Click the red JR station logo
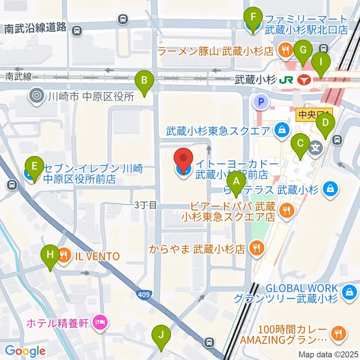(x=304, y=80)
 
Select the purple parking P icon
(x=262, y=101)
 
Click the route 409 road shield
(x=147, y=295)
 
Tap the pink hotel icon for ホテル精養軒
(x=99, y=322)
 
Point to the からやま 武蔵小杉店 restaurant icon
(x=257, y=247)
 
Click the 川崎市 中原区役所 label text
(x=91, y=97)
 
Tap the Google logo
(x=25, y=351)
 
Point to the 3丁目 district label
(x=145, y=205)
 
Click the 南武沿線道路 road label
(x=35, y=28)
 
